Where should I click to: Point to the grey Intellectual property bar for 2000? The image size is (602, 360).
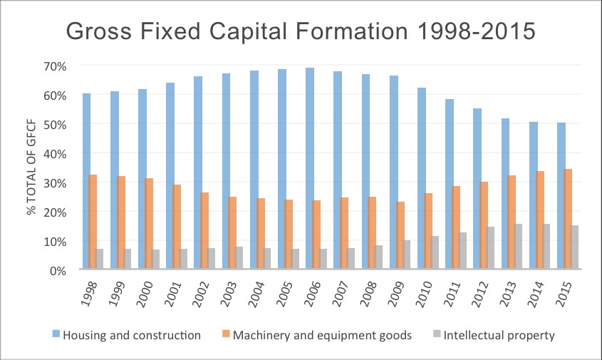click(x=156, y=259)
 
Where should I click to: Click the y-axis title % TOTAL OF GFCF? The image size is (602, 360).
click(x=31, y=168)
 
